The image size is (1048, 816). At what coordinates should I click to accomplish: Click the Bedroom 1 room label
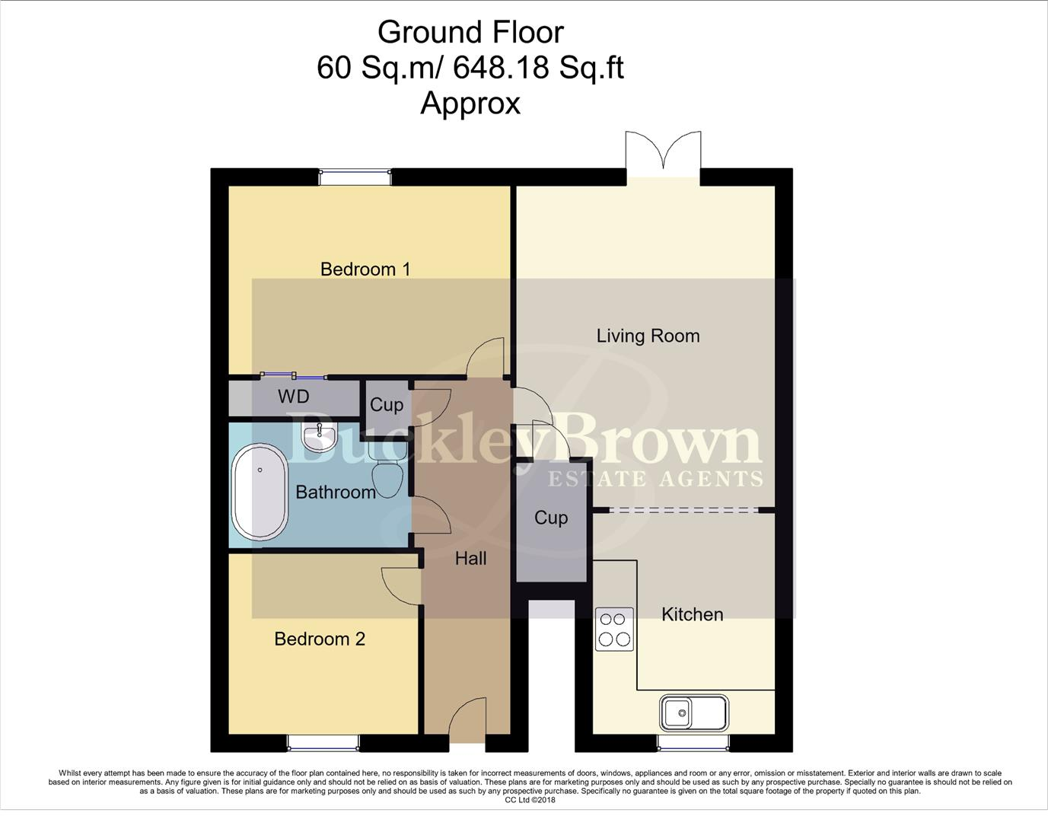coord(365,269)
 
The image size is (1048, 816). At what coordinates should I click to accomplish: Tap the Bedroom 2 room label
coord(320,639)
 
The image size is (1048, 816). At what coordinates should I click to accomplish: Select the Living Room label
coord(648,336)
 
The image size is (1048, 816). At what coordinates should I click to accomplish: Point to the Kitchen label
coord(692,614)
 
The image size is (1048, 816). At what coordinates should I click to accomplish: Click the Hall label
coord(470,559)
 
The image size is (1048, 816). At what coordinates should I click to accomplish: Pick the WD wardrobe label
coord(293,397)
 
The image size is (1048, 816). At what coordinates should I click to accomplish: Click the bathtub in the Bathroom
coord(260,493)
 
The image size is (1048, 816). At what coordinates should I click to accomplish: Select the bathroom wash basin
coord(320,437)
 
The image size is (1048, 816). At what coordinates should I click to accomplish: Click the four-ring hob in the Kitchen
coord(614,629)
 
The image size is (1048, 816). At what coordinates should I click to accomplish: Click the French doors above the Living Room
coord(663,155)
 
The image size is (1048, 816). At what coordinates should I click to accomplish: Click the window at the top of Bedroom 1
coord(355,177)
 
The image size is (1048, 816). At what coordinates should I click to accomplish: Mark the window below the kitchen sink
coord(693,743)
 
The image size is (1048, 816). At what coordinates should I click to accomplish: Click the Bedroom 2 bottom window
coord(323,743)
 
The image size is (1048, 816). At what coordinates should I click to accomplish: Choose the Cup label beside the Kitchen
coord(551,518)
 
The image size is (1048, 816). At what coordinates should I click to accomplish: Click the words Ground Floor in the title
coord(470,32)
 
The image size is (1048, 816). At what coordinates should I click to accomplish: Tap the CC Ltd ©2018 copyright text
coord(530,800)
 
